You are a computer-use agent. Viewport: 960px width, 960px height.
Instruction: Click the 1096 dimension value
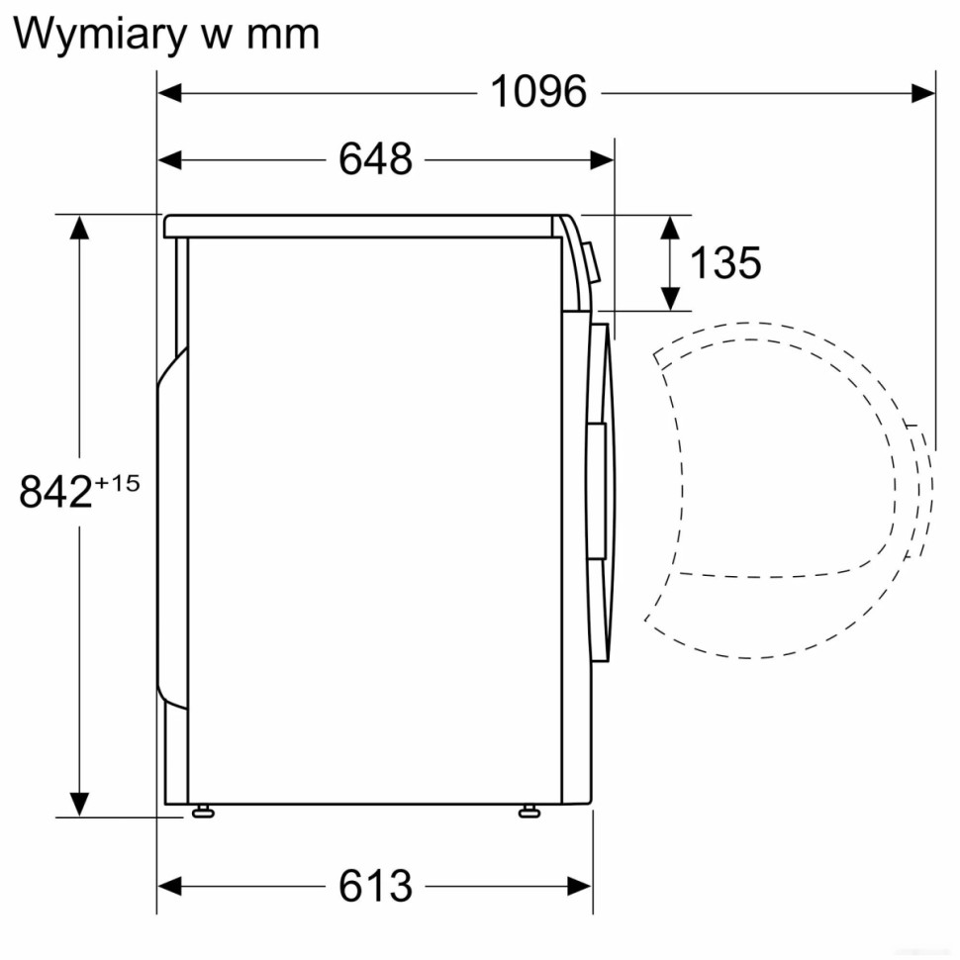click(538, 92)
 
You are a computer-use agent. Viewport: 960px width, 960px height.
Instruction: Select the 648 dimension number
click(375, 158)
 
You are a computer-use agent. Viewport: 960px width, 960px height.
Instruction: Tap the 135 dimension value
click(725, 263)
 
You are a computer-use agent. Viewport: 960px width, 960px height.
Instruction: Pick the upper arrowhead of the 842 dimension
click(78, 227)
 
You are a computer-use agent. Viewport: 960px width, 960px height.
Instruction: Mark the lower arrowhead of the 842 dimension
click(78, 804)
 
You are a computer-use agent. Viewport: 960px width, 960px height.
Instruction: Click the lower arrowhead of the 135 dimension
click(670, 296)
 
